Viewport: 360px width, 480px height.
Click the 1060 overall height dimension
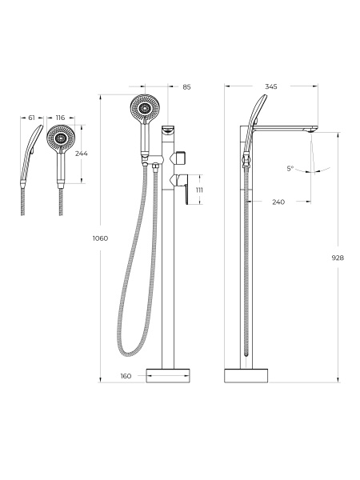pyautogui.click(x=101, y=238)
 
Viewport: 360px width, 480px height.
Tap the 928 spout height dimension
pyautogui.click(x=338, y=258)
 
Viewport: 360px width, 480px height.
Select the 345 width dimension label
pyautogui.click(x=271, y=86)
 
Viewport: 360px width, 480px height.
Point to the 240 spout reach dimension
pyautogui.click(x=278, y=202)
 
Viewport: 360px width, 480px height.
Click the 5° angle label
pyautogui.click(x=290, y=168)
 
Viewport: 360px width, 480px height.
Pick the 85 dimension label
pyautogui.click(x=186, y=87)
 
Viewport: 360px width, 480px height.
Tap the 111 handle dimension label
pyautogui.click(x=199, y=190)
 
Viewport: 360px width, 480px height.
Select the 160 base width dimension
pyautogui.click(x=126, y=376)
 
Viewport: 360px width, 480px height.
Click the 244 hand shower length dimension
pyautogui.click(x=81, y=154)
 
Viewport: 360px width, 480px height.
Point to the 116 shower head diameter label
pyautogui.click(x=60, y=118)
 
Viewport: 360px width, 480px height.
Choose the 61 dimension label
pyautogui.click(x=31, y=118)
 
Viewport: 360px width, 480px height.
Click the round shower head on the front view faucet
pyautogui.click(x=145, y=108)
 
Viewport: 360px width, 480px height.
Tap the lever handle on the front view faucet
pyautogui.click(x=182, y=186)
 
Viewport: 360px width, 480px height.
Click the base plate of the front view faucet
pyautogui.click(x=168, y=376)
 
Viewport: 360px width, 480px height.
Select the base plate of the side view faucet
pyautogui.click(x=246, y=376)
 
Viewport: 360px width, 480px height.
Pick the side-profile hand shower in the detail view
pyautogui.click(x=31, y=155)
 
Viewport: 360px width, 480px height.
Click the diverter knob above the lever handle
pyautogui.click(x=180, y=158)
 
